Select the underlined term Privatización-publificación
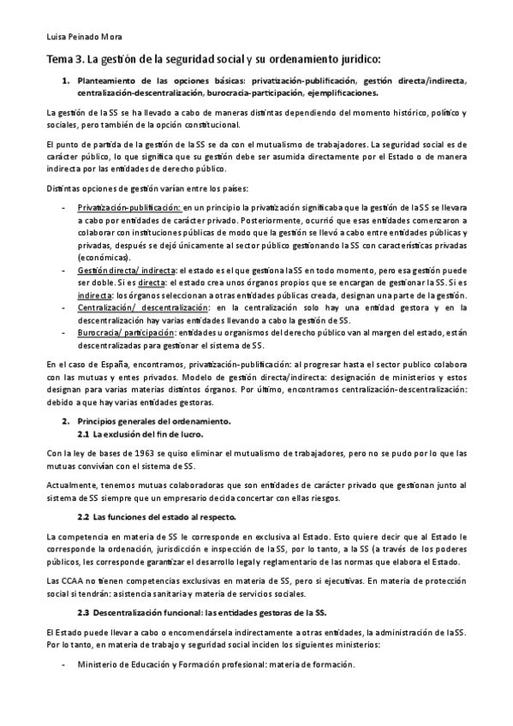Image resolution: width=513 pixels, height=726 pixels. [x=129, y=207]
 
